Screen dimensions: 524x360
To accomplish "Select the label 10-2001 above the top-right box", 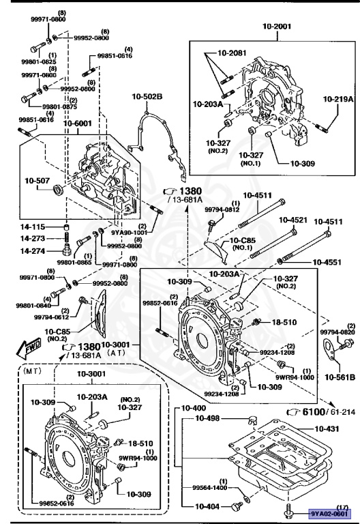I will coord(277,27).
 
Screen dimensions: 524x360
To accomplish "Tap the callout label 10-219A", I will coord(338,99).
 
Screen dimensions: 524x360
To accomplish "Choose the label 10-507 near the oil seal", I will coord(38,181).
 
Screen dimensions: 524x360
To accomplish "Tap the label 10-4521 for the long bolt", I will coord(292,220).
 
